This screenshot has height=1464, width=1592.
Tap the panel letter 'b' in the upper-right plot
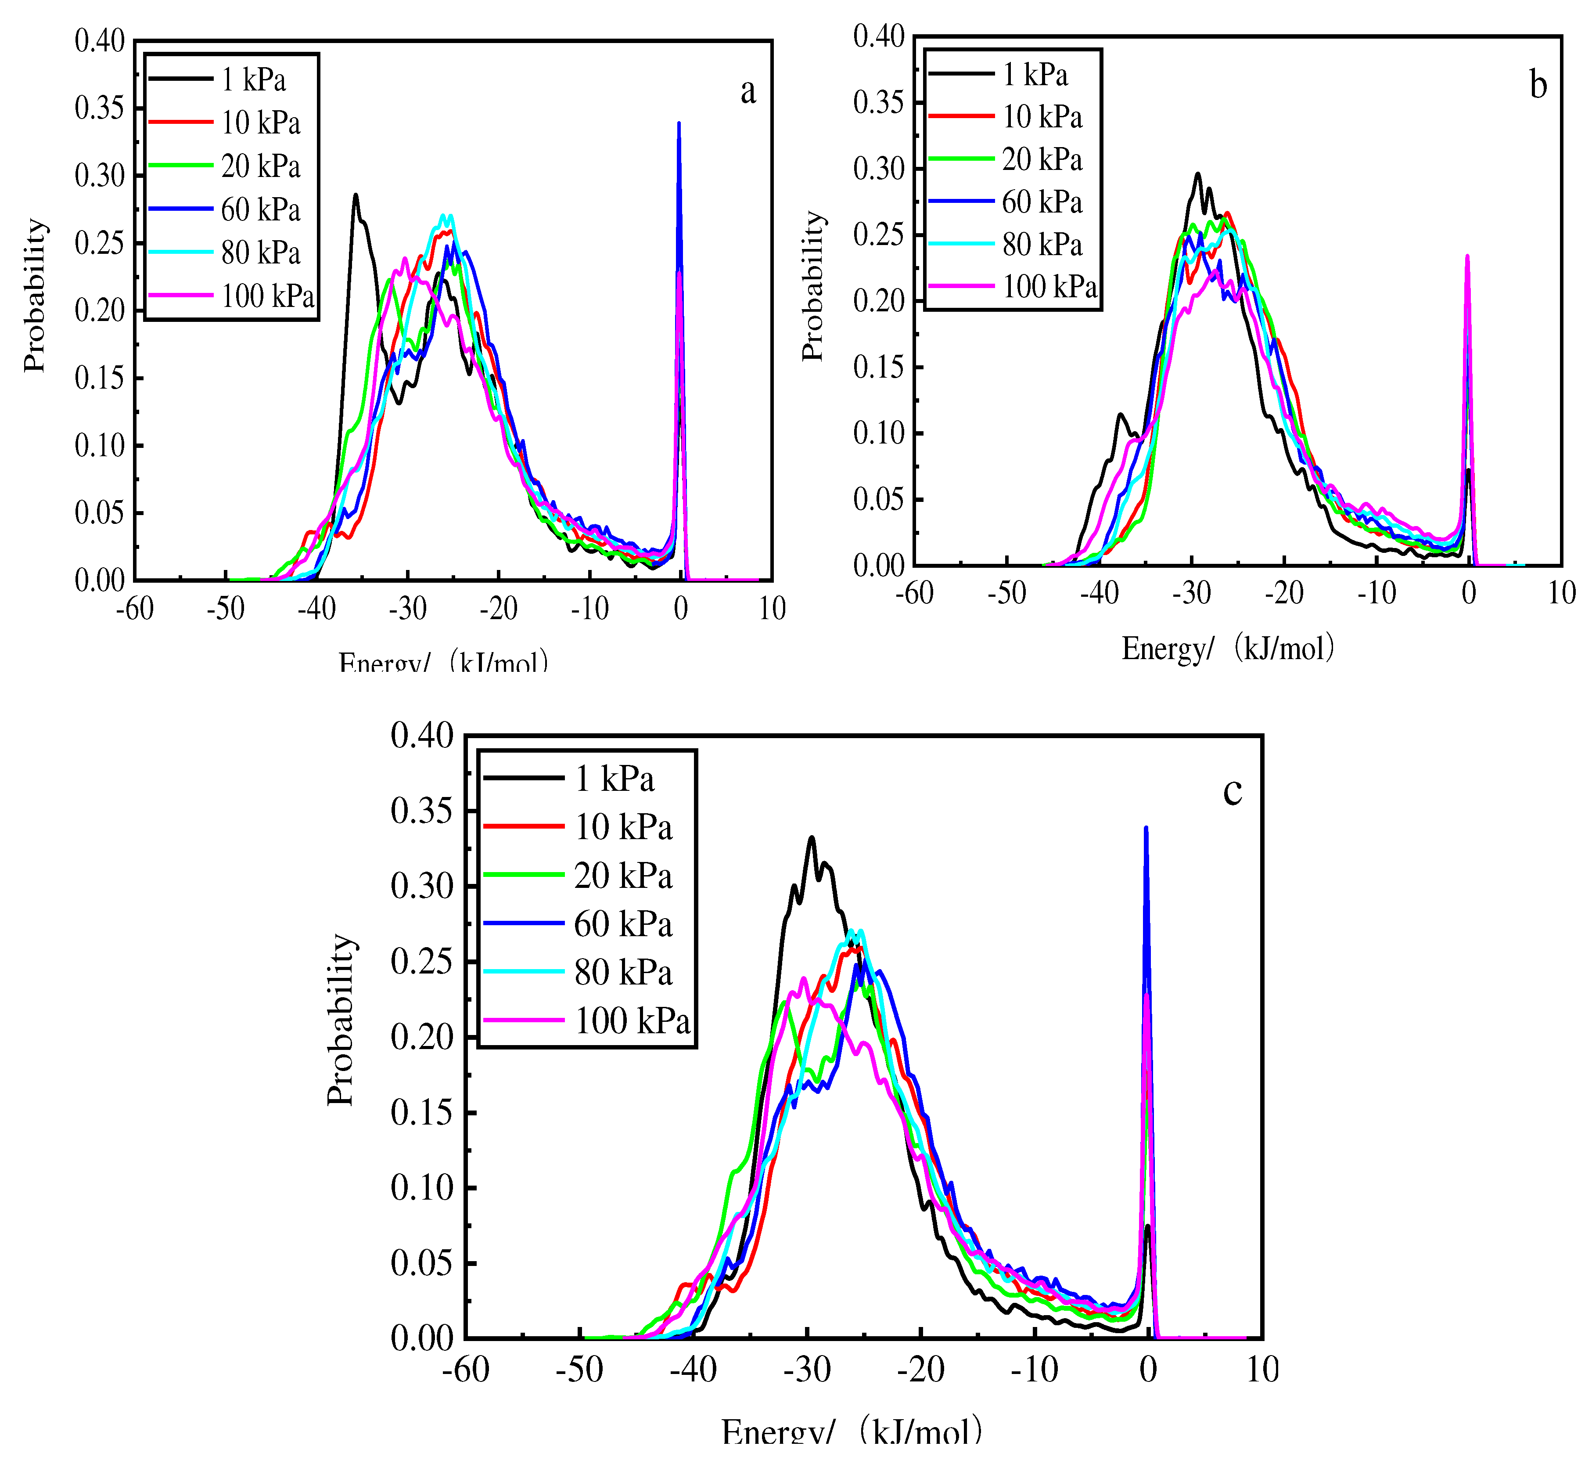pos(1538,86)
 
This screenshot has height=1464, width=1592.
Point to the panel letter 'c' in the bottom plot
pos(1233,791)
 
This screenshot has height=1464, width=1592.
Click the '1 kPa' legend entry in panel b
pos(1035,75)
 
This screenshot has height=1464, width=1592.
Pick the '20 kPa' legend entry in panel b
pos(1042,159)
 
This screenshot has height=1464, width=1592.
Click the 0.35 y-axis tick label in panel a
pos(100,108)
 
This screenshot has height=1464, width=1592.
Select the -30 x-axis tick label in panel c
pos(807,1369)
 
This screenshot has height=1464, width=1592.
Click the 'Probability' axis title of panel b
pos(813,287)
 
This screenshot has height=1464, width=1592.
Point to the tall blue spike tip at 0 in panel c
pos(1145,828)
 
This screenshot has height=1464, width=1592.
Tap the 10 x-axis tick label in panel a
pos(772,609)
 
